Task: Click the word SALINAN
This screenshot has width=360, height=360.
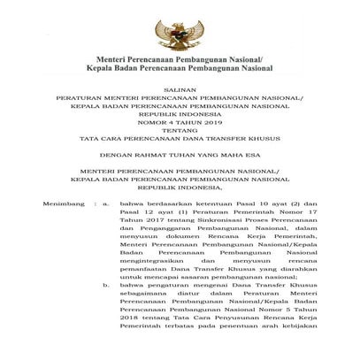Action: point(180,104)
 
